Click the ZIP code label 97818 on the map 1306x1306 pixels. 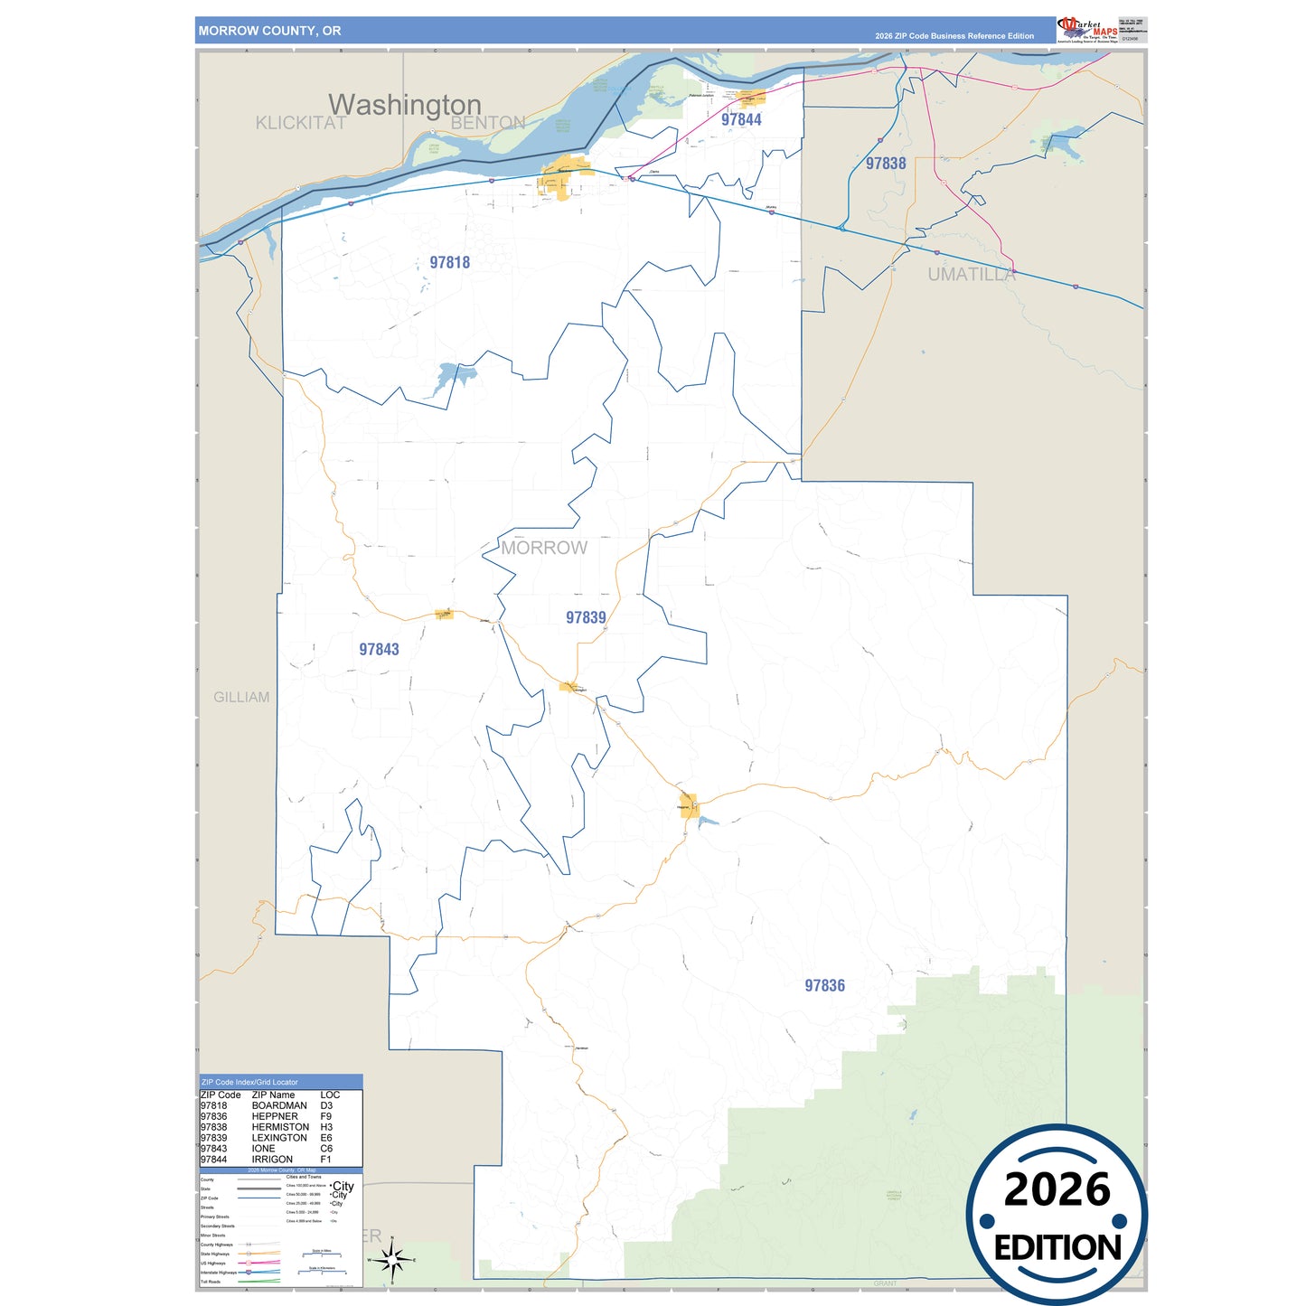(449, 263)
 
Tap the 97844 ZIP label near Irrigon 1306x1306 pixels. (741, 120)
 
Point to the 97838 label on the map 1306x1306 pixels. (885, 164)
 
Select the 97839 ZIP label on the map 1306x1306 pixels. (586, 618)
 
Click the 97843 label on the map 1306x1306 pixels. (379, 650)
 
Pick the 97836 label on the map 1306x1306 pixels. (824, 986)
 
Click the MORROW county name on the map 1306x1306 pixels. (544, 549)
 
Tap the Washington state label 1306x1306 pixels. (404, 105)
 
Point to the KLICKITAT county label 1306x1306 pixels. (300, 124)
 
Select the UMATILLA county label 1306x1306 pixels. (971, 275)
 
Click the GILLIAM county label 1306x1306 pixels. (241, 698)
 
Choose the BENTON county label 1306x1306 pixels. (488, 123)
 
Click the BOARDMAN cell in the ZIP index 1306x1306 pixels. (279, 1105)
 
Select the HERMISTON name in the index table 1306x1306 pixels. (280, 1127)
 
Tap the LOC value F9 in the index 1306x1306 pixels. (326, 1116)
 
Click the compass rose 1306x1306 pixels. (391, 1259)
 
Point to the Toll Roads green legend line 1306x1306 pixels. (258, 1281)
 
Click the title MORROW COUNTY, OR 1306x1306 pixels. (269, 31)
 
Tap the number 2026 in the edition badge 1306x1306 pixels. (1057, 1189)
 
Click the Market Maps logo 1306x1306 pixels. (1087, 30)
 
